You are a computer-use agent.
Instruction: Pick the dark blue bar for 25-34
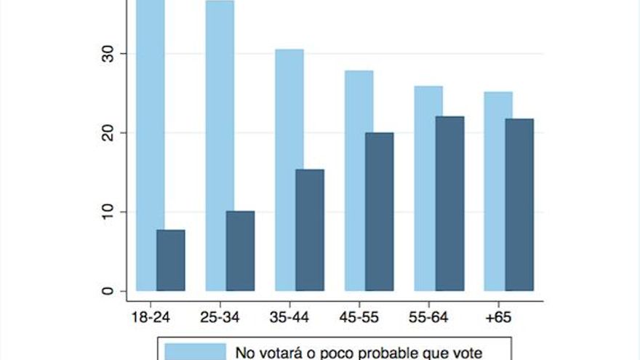click(241, 252)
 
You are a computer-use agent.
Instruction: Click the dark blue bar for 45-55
click(380, 212)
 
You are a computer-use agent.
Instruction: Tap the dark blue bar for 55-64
click(449, 204)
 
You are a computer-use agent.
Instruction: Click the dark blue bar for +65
click(519, 205)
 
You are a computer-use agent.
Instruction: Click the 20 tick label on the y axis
click(108, 133)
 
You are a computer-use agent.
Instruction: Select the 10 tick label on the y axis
click(108, 212)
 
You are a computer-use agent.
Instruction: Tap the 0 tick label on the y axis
click(108, 292)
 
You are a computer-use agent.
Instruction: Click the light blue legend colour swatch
click(196, 352)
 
